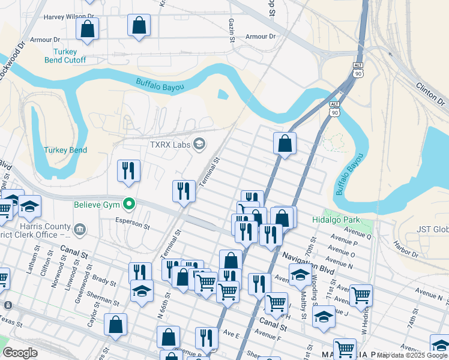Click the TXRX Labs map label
click(x=169, y=145)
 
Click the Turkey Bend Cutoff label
click(x=65, y=56)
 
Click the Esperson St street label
click(x=132, y=223)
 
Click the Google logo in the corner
click(x=20, y=353)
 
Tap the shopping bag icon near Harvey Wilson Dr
click(x=87, y=29)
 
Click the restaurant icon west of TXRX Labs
click(x=128, y=171)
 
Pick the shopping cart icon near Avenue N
click(x=360, y=295)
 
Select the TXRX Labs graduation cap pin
click(x=199, y=144)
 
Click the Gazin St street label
click(x=231, y=30)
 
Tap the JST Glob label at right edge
click(x=433, y=229)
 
